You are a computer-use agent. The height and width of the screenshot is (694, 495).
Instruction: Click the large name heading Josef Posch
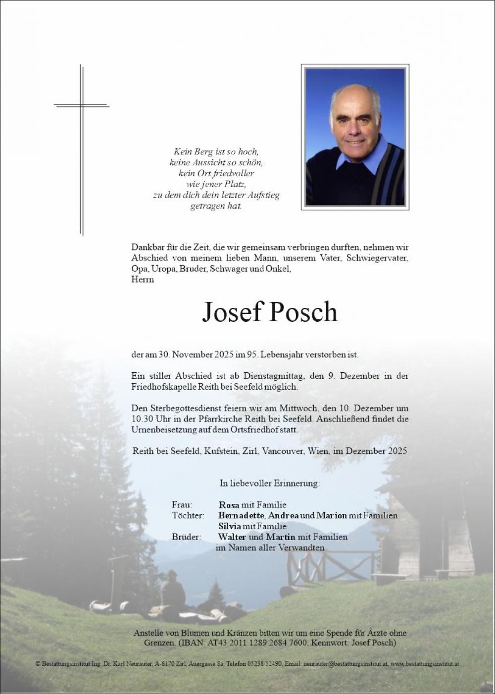(x=269, y=312)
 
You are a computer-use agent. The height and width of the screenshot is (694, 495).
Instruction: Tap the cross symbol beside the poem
(x=82, y=149)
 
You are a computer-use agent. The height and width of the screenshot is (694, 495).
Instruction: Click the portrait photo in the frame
(x=355, y=137)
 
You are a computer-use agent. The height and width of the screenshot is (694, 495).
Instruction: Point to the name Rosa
(x=229, y=505)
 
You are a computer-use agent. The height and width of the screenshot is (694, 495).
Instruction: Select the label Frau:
(x=182, y=505)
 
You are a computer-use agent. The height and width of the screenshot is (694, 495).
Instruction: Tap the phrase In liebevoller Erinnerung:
(x=270, y=484)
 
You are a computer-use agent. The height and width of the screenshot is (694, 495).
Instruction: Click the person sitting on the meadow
(x=172, y=592)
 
